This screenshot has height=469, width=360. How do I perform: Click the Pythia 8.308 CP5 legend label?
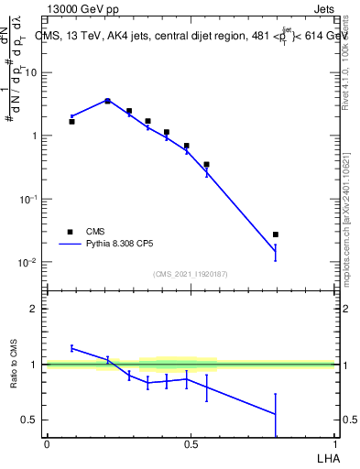pos(125,245)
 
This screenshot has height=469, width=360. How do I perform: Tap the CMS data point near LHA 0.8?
pos(276,234)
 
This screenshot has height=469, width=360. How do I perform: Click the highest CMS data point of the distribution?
pos(108,101)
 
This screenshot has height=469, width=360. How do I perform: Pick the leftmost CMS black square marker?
pos(71,121)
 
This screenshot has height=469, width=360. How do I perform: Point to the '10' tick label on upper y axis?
pos(33,72)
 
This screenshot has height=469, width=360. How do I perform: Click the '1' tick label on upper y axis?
pos(36,136)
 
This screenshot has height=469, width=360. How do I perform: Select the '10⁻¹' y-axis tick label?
pos(30,199)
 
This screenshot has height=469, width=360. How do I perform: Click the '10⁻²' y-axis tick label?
pos(30,262)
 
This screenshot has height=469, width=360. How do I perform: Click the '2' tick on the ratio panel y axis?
pos(36,309)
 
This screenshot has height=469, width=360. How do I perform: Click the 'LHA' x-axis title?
pos(326,457)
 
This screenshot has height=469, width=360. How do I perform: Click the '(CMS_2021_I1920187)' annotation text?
pos(191,274)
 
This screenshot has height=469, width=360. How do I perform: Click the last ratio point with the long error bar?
pos(276,414)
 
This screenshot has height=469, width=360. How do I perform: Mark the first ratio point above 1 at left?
pos(71,348)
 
